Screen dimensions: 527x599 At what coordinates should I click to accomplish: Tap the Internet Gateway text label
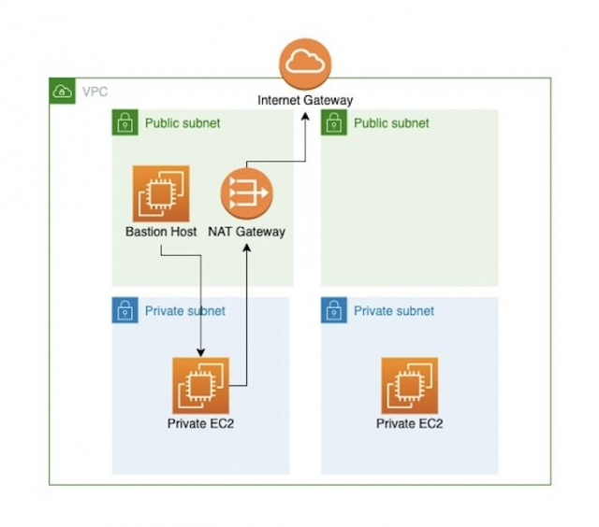(305, 99)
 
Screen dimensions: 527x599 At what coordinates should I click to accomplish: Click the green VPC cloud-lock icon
(62, 91)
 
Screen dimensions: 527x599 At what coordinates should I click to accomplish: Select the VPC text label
(95, 92)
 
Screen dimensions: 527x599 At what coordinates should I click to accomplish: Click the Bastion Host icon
(161, 193)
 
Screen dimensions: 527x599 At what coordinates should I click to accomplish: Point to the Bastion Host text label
(161, 232)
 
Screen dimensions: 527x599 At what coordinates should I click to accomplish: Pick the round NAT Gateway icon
(246, 194)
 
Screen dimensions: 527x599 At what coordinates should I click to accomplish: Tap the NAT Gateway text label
(246, 232)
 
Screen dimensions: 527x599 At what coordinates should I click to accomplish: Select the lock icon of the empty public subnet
(333, 122)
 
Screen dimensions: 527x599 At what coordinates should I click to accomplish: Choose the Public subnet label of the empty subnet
(392, 122)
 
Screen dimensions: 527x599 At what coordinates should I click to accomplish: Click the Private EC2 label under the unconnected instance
(409, 424)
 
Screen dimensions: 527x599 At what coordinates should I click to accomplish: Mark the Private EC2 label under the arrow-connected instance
(200, 424)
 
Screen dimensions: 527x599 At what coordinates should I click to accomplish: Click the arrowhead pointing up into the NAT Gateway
(246, 247)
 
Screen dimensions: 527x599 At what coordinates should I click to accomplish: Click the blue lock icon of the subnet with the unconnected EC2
(333, 311)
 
